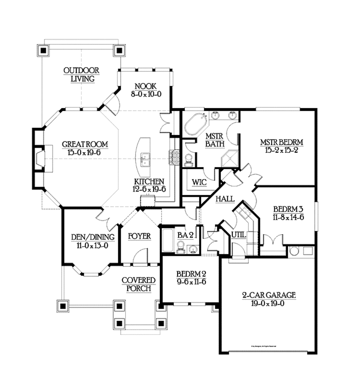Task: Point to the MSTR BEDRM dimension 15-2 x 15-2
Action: pyautogui.click(x=282, y=150)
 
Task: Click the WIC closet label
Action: pyautogui.click(x=199, y=182)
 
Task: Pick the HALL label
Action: pyautogui.click(x=225, y=199)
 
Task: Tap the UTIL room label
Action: pyautogui.click(x=239, y=234)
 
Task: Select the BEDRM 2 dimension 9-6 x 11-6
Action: pyautogui.click(x=191, y=282)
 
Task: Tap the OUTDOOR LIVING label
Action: pyautogui.click(x=81, y=74)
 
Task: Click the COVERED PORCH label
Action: pyautogui.click(x=139, y=284)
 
